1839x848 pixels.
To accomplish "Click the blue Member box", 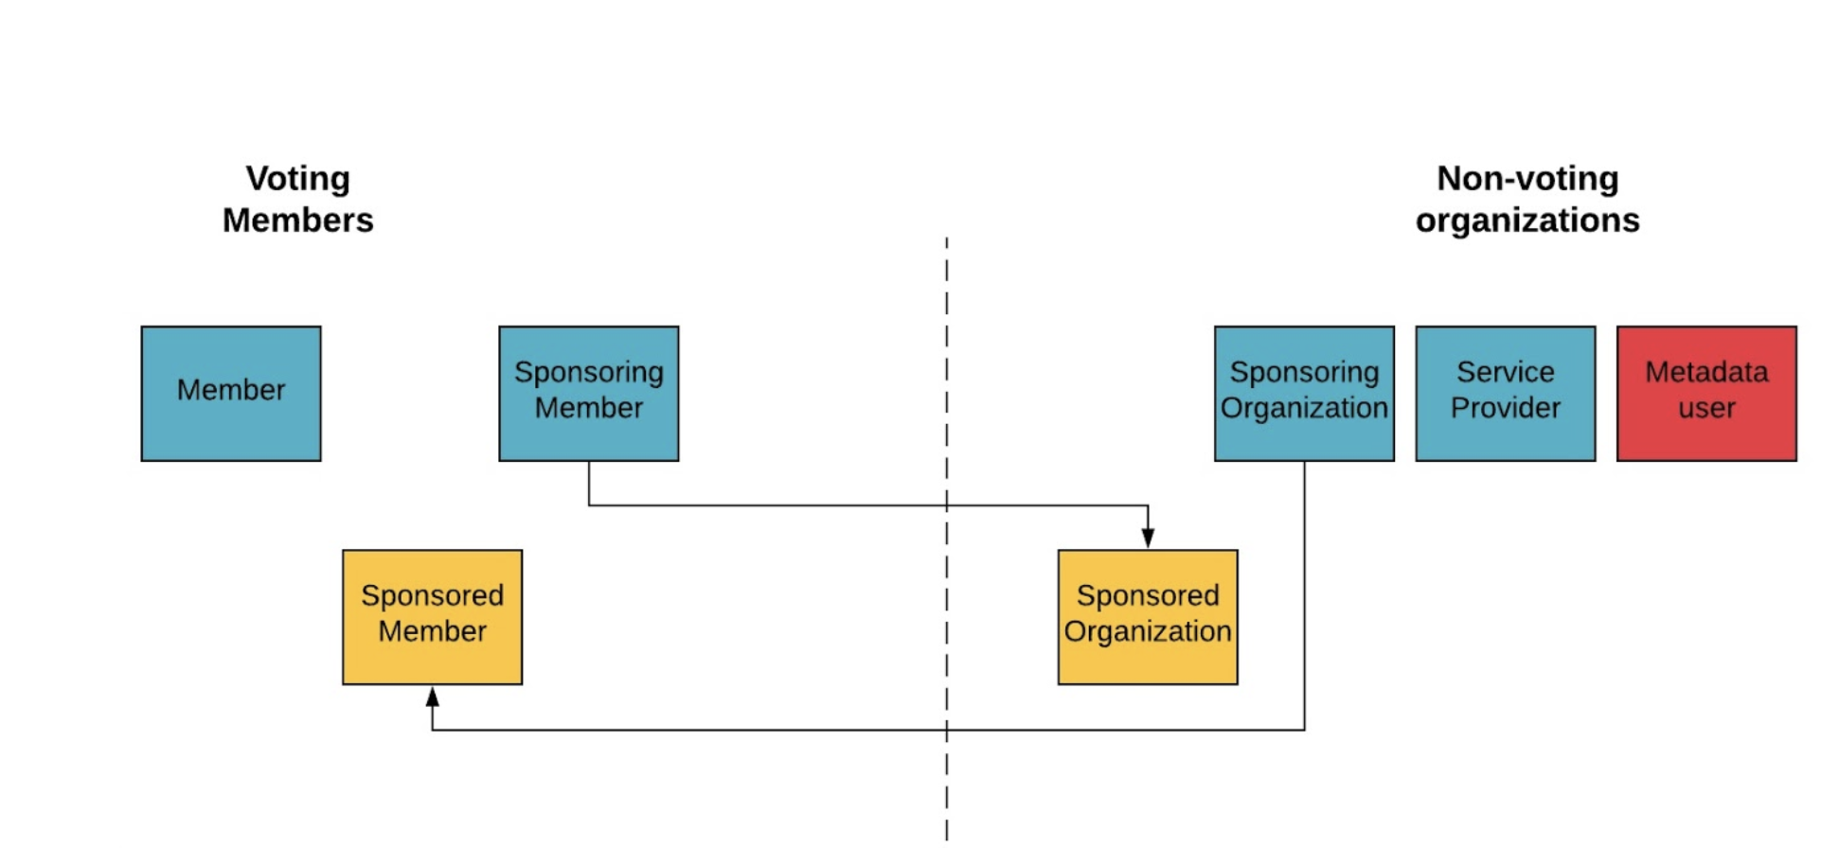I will coord(231,394).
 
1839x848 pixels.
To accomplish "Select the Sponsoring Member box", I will coord(588,394).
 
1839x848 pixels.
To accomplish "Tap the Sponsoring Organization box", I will coord(1304,394).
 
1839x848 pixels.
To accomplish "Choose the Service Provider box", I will coord(1505,394).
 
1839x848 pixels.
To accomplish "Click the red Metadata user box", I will coord(1705,394).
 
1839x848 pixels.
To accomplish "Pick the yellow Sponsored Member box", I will coord(432,617).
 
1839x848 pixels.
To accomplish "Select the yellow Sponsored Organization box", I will coord(1147,617).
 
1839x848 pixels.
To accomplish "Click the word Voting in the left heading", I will coord(297,178).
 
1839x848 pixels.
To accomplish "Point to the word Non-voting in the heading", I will coord(1527,178).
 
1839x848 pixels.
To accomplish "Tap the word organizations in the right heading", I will coord(1527,220).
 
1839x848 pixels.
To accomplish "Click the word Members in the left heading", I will coord(297,220).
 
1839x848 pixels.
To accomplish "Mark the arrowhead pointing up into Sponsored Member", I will coord(432,698).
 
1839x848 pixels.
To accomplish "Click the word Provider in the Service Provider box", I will coord(1505,408).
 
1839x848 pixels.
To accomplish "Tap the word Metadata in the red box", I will coord(1705,372).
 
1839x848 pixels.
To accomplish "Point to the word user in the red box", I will coord(1705,408).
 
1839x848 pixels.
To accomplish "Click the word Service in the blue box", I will coord(1505,372).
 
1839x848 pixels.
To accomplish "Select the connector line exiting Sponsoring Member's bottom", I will coord(589,484).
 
